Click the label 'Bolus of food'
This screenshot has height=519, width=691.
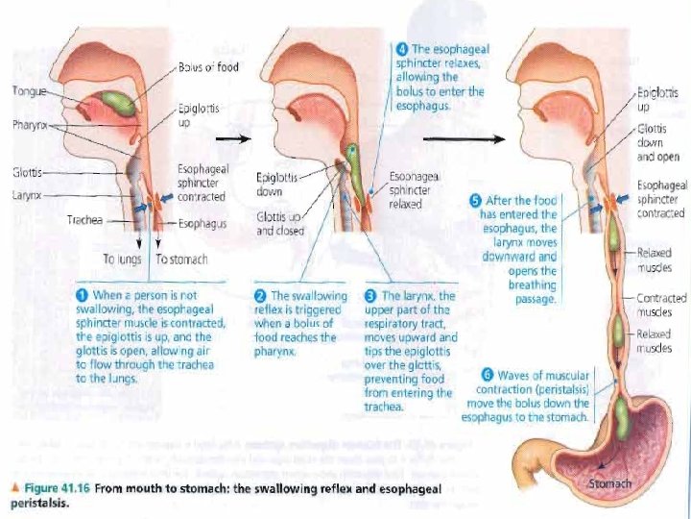tap(208, 66)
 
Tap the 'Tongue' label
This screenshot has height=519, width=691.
tap(25, 92)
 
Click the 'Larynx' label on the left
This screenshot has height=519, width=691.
tap(26, 195)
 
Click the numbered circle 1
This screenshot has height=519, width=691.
tap(83, 294)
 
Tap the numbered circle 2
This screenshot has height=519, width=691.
tap(260, 294)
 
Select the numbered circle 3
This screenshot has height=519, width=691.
tap(371, 294)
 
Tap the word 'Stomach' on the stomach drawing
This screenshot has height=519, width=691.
tap(609, 482)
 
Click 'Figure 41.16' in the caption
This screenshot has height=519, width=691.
tap(59, 488)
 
